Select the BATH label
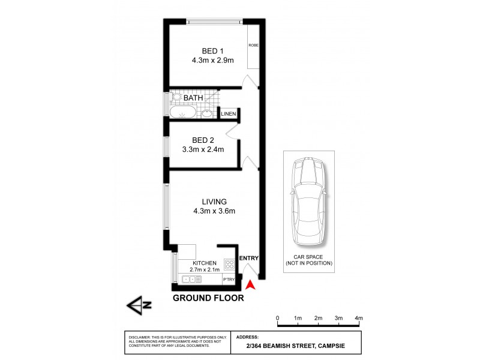point(193,98)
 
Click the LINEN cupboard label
point(229,114)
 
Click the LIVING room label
point(206,201)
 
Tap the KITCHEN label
point(205,263)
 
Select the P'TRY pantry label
point(229,280)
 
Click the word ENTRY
point(248,259)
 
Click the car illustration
point(308,202)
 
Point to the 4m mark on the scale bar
point(359,317)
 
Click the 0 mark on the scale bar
point(277,317)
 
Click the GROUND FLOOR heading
point(208,298)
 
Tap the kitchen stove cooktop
point(229,263)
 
